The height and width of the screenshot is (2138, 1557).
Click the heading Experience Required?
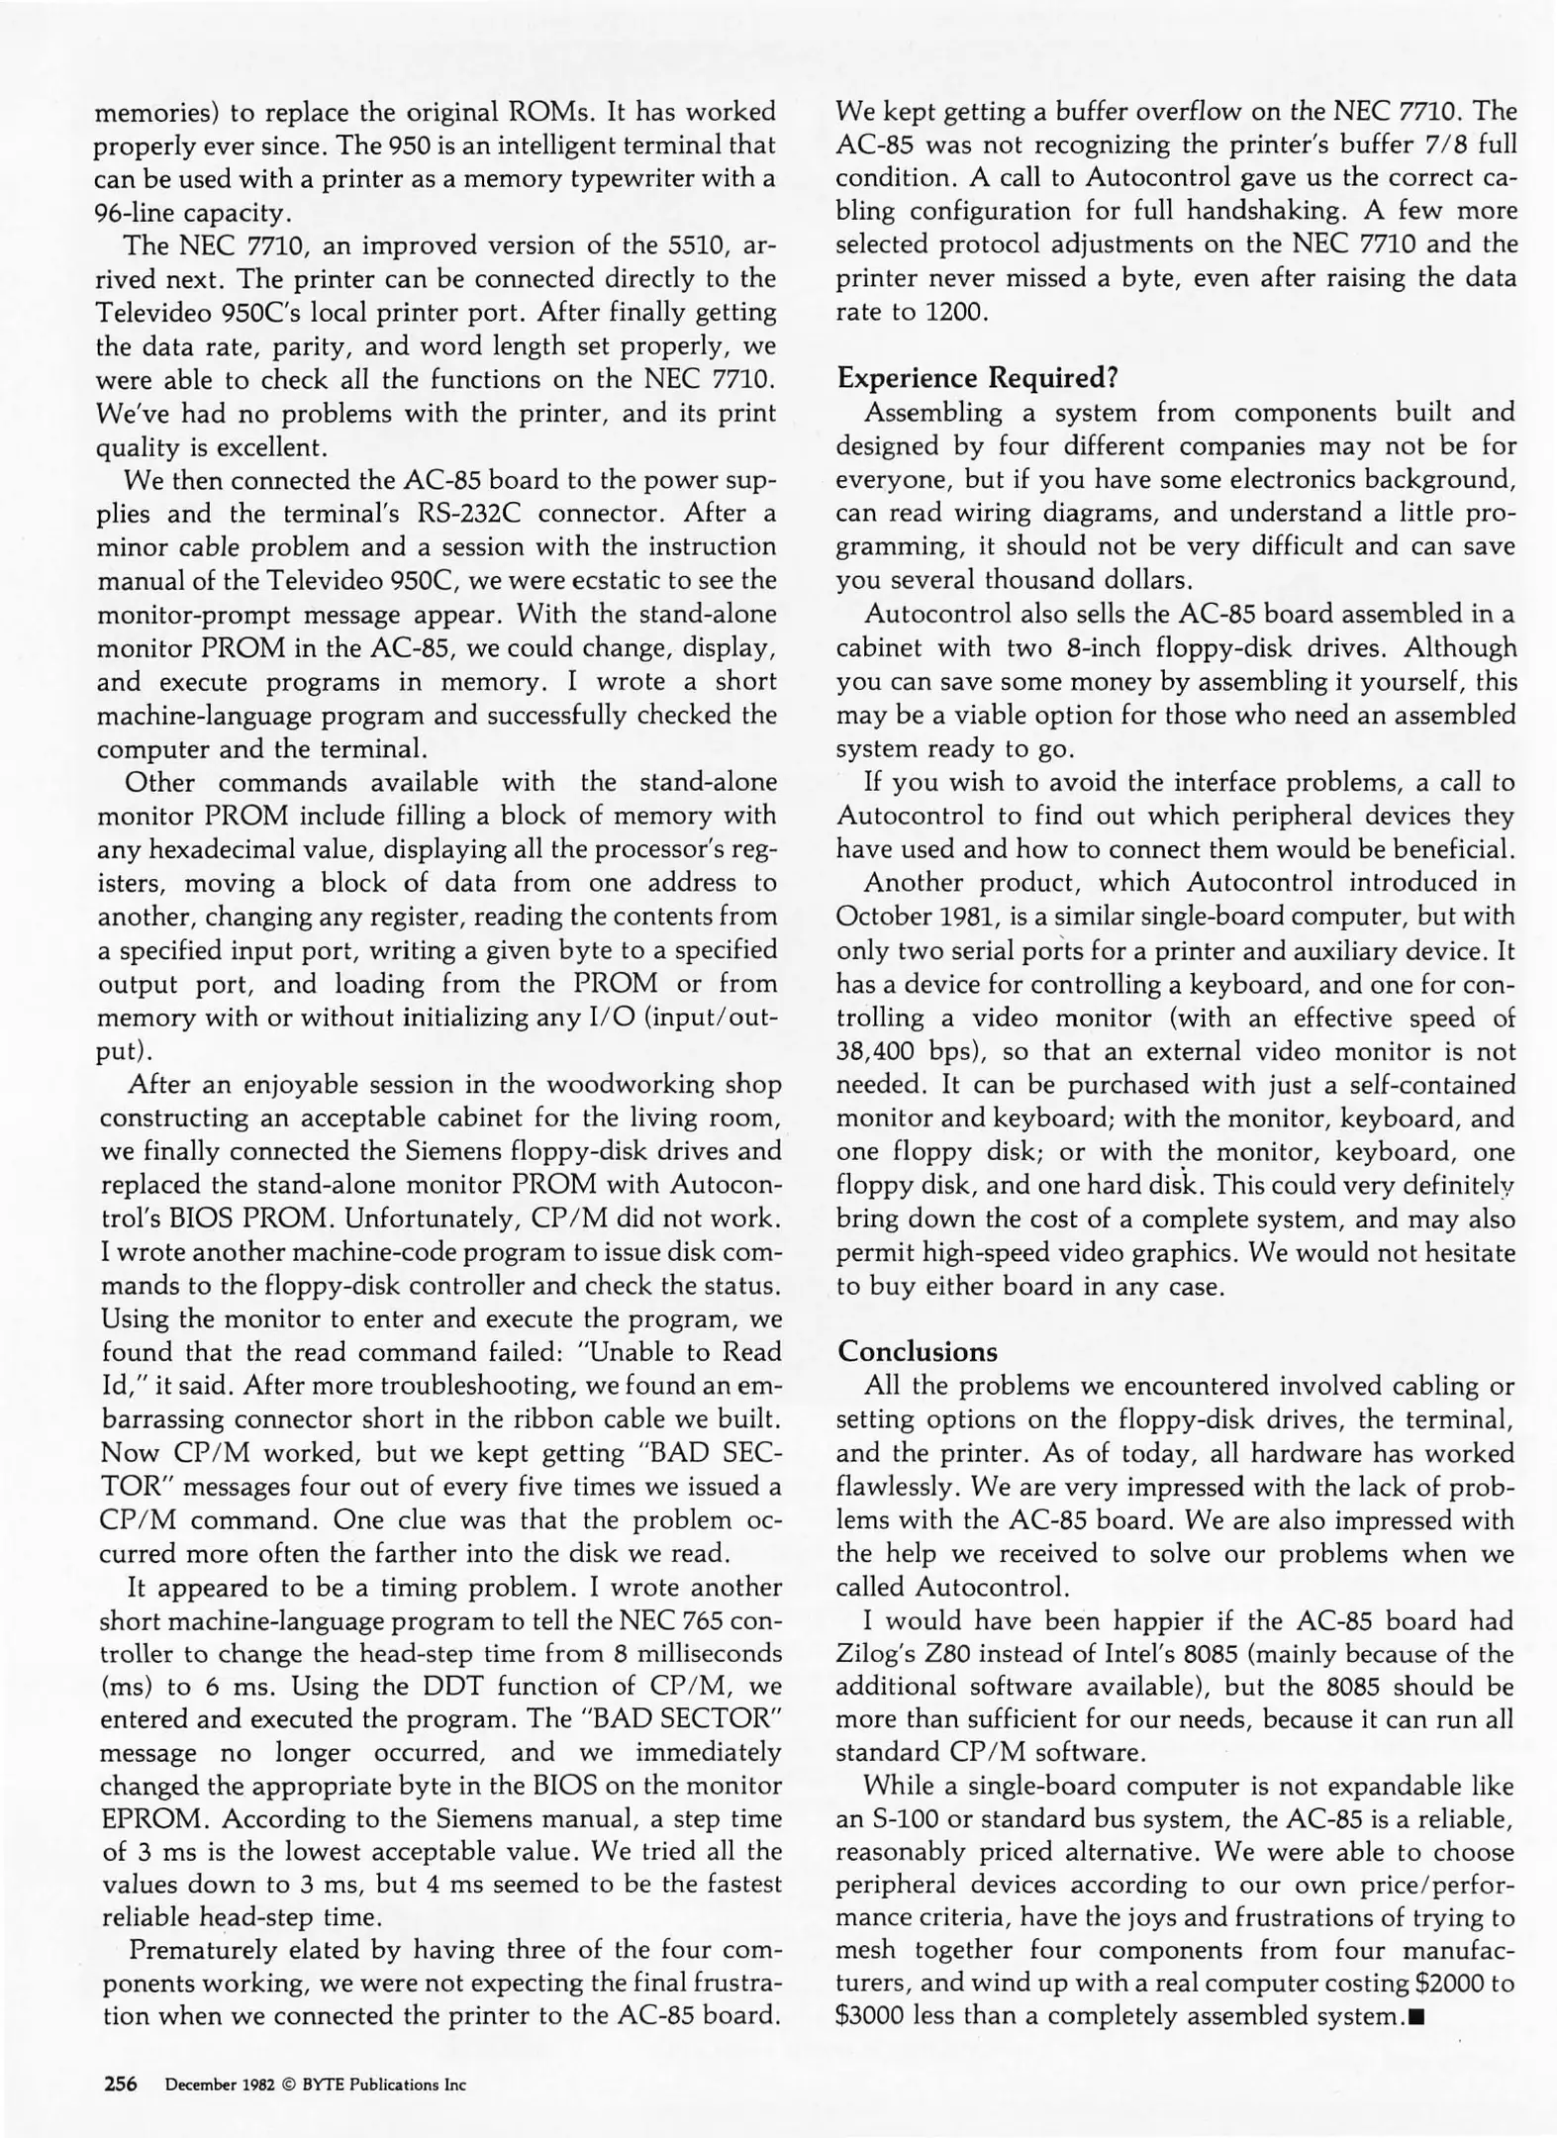pyautogui.click(x=977, y=378)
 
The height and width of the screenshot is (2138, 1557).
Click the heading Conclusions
pyautogui.click(x=918, y=1352)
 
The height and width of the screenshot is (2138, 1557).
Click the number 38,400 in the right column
pyautogui.click(x=879, y=1051)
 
